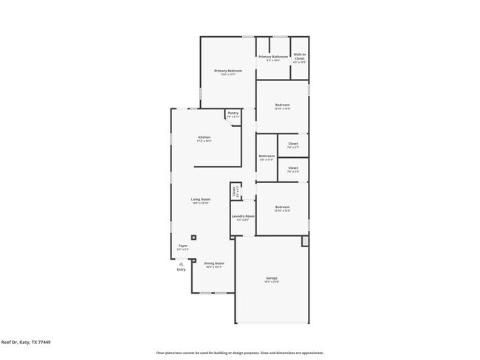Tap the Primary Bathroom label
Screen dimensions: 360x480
pos(272,57)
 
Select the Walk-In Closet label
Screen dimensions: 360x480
pos(300,55)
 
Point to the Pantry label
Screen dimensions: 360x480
pos(233,113)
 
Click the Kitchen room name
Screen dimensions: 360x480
pos(204,138)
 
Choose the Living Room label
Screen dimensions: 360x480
pos(201,199)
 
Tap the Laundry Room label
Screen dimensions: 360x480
pos(243,216)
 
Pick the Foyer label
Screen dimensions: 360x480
pos(182,246)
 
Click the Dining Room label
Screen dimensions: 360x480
pos(214,263)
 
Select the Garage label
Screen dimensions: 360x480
pos(272,278)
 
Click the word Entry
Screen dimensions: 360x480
pos(181,269)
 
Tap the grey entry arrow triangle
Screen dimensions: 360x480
pos(181,263)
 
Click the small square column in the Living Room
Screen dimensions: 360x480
pos(193,238)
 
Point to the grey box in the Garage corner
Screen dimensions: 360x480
pos(305,241)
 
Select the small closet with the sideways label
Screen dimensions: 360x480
pos(235,190)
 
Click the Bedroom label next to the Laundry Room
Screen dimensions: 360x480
pos(282,207)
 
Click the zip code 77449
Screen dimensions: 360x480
pos(44,342)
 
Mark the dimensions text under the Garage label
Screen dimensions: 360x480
pos(272,282)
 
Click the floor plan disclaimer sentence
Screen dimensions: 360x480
pos(239,353)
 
